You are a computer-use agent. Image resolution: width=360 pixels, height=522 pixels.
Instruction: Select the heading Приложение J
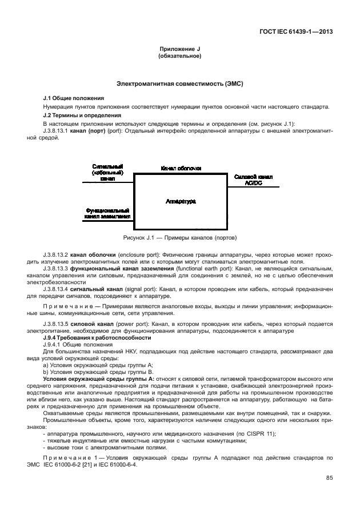180,50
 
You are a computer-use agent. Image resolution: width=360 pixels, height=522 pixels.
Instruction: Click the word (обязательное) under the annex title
180,57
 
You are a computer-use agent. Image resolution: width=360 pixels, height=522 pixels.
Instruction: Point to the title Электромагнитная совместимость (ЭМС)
180,83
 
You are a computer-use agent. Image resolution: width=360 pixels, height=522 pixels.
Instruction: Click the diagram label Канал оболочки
181,168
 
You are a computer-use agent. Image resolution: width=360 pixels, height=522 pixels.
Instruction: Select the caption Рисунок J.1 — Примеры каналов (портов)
180,237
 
